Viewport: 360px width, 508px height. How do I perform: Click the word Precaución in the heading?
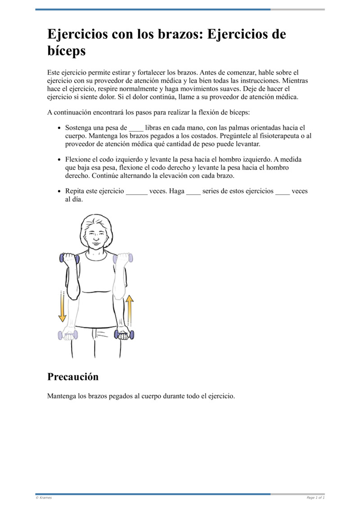click(73, 377)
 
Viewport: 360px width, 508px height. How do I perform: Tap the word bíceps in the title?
click(66, 51)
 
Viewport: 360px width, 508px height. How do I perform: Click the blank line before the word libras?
click(136, 128)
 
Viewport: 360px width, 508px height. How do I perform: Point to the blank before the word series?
click(193, 191)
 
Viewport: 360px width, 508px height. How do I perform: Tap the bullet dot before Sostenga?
click(60, 128)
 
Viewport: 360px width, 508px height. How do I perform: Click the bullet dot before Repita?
click(60, 191)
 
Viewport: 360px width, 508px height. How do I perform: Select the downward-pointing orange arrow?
click(62, 307)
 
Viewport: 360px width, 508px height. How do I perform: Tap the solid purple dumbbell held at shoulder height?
click(69, 258)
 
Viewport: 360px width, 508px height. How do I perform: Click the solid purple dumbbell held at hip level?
click(124, 334)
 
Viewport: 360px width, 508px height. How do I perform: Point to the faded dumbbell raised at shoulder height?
click(123, 258)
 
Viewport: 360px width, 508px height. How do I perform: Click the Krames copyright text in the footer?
click(44, 498)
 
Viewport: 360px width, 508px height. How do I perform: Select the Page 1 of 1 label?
click(315, 498)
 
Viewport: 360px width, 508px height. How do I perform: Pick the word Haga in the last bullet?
click(176, 191)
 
